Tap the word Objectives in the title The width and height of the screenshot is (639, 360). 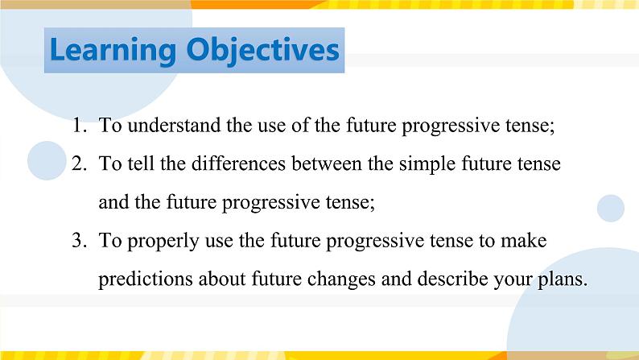(262, 50)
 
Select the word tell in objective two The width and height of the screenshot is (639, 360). (134, 164)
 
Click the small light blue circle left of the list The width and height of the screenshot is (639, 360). (46, 160)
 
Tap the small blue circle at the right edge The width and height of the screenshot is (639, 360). (611, 208)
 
